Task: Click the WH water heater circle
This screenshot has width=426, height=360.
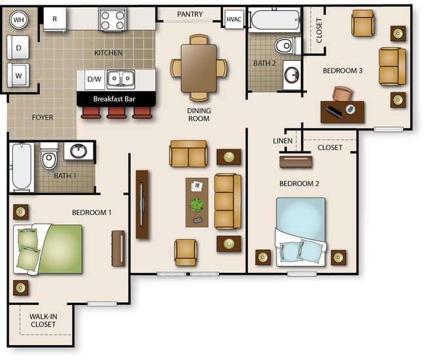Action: pos(19,20)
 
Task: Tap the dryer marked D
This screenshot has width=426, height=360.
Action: pos(18,47)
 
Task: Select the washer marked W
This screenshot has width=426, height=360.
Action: pos(18,75)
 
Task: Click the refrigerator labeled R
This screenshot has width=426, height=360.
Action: pos(54,19)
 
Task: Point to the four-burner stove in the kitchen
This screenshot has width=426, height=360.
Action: pos(113,19)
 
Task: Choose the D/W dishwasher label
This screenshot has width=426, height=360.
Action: pos(94,79)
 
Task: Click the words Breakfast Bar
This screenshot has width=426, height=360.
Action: pos(114,99)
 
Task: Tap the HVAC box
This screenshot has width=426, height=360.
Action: pos(234,19)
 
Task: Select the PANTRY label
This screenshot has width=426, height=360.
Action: pos(190,14)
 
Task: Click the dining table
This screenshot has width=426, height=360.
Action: pos(199,68)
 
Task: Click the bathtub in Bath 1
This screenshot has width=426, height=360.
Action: pos(22,167)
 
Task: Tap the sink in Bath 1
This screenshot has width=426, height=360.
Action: pos(79,151)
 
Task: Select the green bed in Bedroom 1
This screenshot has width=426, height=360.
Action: pos(48,249)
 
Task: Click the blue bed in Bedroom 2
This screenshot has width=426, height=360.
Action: pos(300,232)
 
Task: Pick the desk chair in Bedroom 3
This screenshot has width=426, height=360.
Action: pos(343,94)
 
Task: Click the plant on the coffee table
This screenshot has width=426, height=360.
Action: pos(197,205)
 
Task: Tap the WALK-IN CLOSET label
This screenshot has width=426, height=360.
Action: pos(43,320)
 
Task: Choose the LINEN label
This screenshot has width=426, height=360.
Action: pos(282,141)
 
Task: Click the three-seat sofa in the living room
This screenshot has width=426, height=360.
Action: pos(227,201)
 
